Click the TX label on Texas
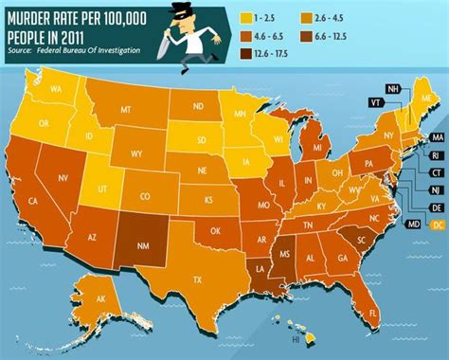[197, 280]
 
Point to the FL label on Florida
[372, 313]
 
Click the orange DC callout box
[437, 224]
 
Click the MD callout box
[412, 224]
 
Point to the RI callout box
[435, 156]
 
